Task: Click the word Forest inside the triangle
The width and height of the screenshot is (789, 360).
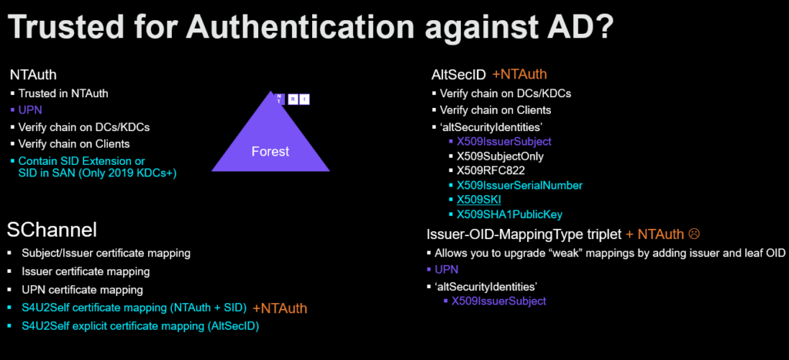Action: (x=270, y=151)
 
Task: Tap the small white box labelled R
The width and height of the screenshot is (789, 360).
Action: (x=293, y=99)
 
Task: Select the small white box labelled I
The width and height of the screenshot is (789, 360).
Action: (x=305, y=99)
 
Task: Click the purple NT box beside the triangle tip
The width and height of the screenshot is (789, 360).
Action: (x=280, y=99)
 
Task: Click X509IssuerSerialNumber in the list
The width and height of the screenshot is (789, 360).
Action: (x=519, y=185)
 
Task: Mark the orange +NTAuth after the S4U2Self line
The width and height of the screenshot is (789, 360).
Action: (x=282, y=308)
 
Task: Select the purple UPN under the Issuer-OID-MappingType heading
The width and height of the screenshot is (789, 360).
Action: (x=446, y=270)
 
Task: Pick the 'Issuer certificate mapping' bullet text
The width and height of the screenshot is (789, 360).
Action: (x=86, y=271)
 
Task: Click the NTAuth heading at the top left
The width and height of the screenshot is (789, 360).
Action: (x=34, y=75)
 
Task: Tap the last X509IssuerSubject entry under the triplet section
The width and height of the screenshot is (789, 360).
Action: (x=499, y=301)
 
